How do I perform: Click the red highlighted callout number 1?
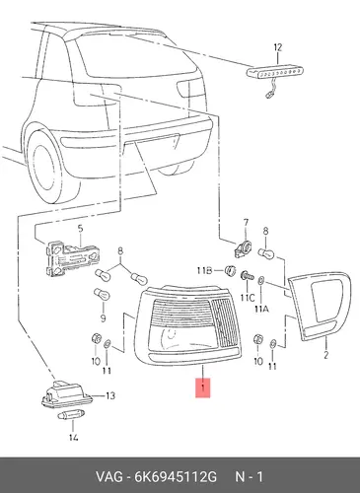click(203, 388)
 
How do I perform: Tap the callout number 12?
click(278, 47)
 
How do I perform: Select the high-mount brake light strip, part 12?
click(275, 72)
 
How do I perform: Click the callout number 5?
click(80, 228)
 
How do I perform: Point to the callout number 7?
click(246, 223)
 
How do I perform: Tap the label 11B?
click(204, 270)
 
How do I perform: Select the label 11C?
click(248, 298)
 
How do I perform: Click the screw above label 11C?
click(247, 275)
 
